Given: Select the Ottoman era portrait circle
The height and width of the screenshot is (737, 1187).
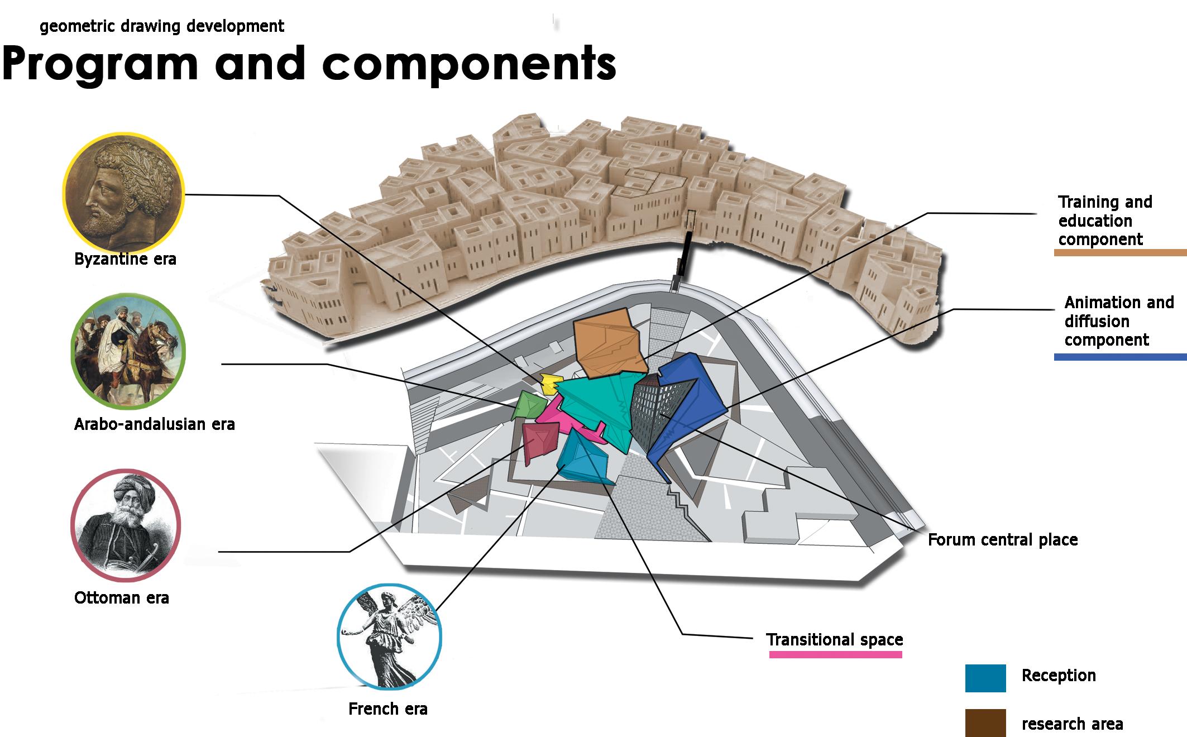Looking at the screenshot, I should pos(126,525).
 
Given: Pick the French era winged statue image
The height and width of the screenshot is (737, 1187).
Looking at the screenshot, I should pos(389,637).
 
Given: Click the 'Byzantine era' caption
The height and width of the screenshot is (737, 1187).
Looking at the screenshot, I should pos(125,259).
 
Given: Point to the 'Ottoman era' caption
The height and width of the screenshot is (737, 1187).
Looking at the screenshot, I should pos(121,597).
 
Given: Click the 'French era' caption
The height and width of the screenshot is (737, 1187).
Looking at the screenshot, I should pos(387,709).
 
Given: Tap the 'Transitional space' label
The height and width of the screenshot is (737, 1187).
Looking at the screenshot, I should pos(834,639).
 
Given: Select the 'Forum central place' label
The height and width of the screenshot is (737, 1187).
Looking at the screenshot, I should pos(1002,540).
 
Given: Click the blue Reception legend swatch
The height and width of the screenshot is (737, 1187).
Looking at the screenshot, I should pos(985,678).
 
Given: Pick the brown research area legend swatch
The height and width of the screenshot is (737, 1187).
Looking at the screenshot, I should pos(985,722).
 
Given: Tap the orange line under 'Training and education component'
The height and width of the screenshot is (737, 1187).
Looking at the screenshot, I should pos(1119,253).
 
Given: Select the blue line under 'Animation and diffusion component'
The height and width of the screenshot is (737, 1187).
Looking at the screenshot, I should pos(1119,357).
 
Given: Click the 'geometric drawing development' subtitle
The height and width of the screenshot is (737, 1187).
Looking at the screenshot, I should pos(162,26).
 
